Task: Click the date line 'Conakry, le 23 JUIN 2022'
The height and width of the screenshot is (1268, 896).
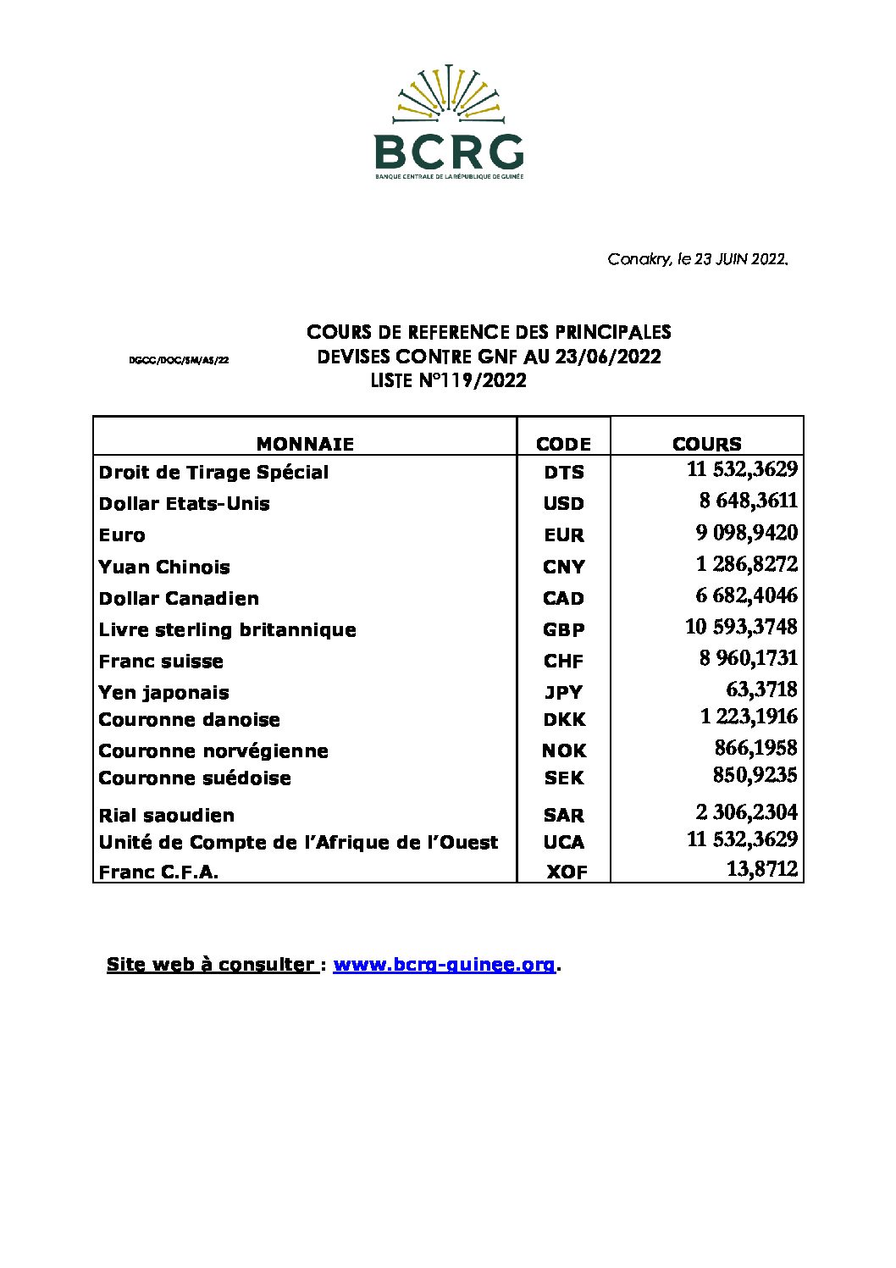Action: coord(698,259)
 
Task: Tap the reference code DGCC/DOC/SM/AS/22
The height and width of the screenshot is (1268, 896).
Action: coord(179,360)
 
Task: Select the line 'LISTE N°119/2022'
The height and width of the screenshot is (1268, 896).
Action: coord(448,381)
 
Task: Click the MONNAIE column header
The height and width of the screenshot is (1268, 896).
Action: coord(305,444)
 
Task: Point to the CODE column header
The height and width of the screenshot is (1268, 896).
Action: coord(563,444)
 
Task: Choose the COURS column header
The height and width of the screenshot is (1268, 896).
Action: coord(706,444)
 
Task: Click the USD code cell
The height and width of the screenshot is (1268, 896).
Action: coord(563,504)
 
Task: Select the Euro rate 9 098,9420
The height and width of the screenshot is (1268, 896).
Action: coord(746,533)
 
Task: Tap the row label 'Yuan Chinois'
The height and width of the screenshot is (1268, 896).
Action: coord(164,567)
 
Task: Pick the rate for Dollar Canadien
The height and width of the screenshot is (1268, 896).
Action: coord(746,595)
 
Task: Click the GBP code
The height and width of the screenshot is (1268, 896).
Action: coord(563,630)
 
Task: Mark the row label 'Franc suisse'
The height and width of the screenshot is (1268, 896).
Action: coord(161,662)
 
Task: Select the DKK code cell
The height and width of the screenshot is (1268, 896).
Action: coord(563,720)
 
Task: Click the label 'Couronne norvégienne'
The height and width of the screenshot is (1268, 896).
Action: coord(213,751)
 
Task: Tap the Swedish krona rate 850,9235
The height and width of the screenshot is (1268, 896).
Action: coord(755,775)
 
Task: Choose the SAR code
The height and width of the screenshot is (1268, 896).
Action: coord(563,816)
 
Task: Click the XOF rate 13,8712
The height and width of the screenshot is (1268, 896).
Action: coord(761,869)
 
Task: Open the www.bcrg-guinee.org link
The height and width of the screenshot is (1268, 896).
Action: coord(444,964)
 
